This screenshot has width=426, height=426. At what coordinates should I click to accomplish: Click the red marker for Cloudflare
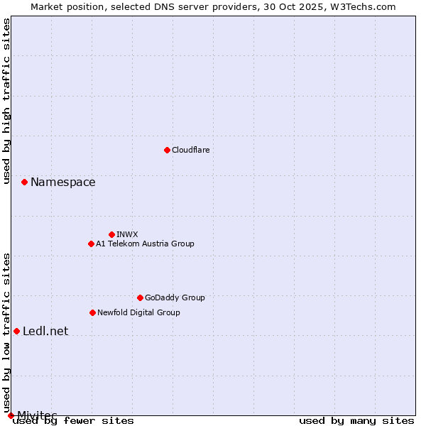pyautogui.click(x=167, y=150)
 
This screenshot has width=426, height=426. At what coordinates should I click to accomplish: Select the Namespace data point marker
pyautogui.click(x=24, y=182)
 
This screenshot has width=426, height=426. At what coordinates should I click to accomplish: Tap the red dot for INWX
pyautogui.click(x=111, y=234)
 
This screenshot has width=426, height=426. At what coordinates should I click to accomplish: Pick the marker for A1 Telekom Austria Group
pyautogui.click(x=91, y=244)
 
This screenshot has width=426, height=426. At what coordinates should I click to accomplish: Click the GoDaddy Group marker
pyautogui.click(x=140, y=297)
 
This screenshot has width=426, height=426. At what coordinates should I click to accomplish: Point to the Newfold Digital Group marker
pyautogui.click(x=92, y=312)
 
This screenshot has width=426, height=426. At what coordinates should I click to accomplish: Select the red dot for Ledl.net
pyautogui.click(x=16, y=331)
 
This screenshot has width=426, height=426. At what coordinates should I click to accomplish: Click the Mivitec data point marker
pyautogui.click(x=11, y=415)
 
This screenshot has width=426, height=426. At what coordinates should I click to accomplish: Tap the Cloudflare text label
pyautogui.click(x=190, y=150)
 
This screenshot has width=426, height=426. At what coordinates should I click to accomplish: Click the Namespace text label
pyautogui.click(x=62, y=182)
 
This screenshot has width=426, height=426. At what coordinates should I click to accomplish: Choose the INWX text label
pyautogui.click(x=127, y=234)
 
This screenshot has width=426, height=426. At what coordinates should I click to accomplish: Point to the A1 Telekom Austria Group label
pyautogui.click(x=145, y=244)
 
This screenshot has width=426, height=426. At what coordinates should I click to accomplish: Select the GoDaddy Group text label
pyautogui.click(x=175, y=297)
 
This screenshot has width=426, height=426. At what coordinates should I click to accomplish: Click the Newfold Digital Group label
pyautogui.click(x=138, y=312)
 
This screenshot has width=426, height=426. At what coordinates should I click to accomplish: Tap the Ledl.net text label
pyautogui.click(x=45, y=331)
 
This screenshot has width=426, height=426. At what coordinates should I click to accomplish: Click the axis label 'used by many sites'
pyautogui.click(x=356, y=420)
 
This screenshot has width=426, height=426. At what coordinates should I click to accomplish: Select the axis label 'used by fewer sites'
pyautogui.click(x=74, y=420)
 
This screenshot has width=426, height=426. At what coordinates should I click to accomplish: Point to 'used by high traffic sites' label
pyautogui.click(x=7, y=102)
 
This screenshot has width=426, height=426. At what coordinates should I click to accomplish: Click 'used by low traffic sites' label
pyautogui.click(x=7, y=328)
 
